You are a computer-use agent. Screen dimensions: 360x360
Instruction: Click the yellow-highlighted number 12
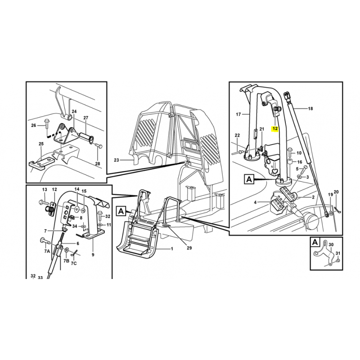(275, 129)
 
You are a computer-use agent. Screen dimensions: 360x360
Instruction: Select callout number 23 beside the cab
(117, 160)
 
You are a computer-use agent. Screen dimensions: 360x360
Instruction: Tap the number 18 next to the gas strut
(310, 108)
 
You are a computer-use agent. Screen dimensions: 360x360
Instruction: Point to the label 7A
(47, 251)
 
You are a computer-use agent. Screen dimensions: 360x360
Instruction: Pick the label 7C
(73, 263)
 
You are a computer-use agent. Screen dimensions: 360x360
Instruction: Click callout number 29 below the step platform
(189, 248)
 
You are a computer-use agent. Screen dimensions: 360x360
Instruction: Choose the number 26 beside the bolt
(34, 126)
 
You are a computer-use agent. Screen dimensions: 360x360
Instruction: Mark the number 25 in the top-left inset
(41, 144)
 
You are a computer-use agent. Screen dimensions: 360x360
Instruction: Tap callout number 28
(98, 164)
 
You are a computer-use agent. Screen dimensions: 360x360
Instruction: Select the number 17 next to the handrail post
(238, 114)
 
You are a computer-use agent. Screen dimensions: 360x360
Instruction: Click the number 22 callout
(237, 135)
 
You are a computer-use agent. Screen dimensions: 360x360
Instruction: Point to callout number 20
(336, 192)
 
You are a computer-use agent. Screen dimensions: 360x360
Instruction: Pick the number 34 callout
(75, 226)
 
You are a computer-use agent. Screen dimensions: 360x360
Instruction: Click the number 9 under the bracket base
(93, 255)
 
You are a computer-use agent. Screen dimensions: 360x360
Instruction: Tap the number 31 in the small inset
(338, 253)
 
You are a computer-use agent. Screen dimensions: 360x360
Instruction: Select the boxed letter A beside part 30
(315, 242)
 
